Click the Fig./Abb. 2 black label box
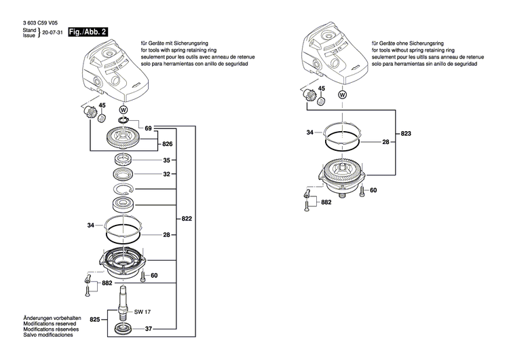79,32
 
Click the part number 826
167,145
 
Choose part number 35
167,162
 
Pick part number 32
167,175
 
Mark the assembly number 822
187,219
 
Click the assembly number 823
406,134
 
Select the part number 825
94,319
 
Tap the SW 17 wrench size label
141,312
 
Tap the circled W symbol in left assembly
123,109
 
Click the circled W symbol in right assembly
341,94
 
